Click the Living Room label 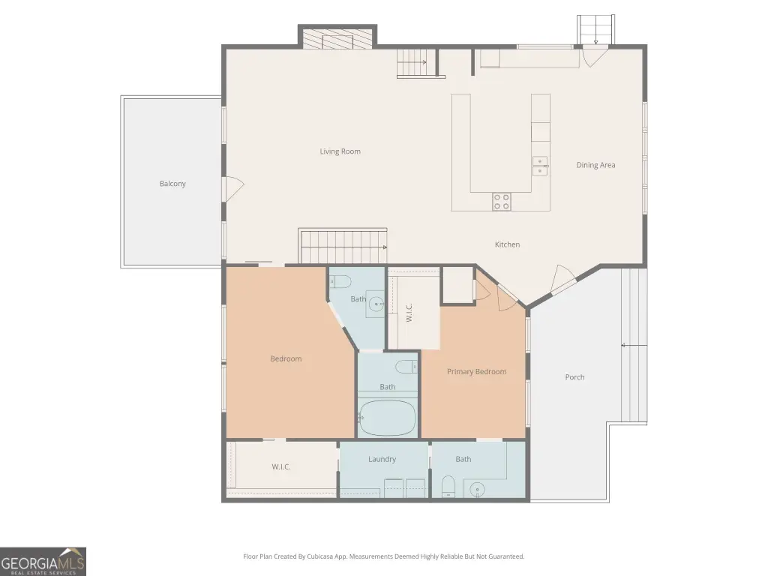coord(340,151)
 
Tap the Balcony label coord(172,184)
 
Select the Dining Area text coord(595,165)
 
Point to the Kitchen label coord(507,244)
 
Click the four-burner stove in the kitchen coord(502,201)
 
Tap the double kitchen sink coord(540,166)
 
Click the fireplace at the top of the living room coord(337,39)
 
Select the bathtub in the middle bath coord(387,418)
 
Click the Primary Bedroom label coord(476,372)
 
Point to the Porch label coord(574,377)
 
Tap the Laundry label coord(382,460)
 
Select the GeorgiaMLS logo coord(43,561)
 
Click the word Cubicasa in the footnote coord(321,556)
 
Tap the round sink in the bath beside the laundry coord(477,489)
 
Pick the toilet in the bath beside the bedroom coord(340,282)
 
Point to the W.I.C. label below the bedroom coord(281,466)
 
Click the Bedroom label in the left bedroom coord(286,359)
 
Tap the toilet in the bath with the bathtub coord(406,366)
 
